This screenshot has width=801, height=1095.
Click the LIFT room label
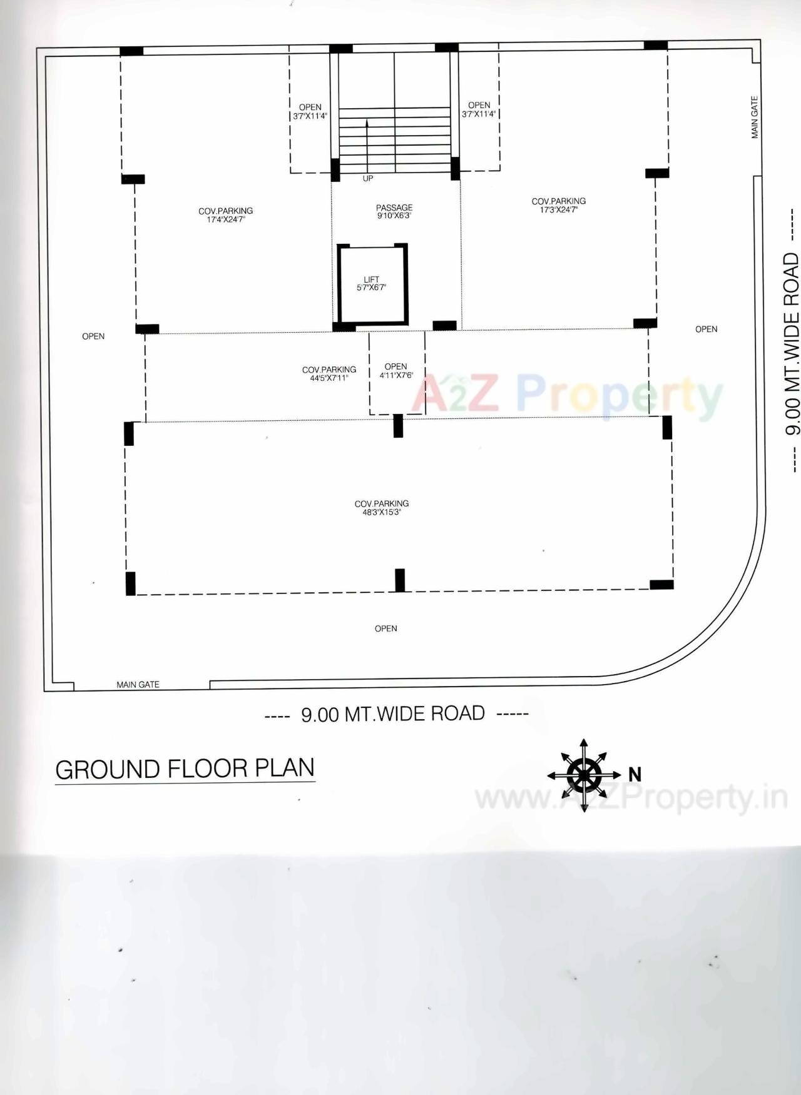[371, 283]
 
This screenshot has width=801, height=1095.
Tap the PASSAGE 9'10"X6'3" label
[394, 211]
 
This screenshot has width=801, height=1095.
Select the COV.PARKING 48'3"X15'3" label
[381, 507]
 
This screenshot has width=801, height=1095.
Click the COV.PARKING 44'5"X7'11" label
[329, 373]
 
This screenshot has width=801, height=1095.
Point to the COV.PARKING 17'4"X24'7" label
[226, 214]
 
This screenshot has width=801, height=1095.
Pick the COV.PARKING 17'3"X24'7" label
[559, 205]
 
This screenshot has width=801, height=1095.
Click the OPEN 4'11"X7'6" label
[395, 370]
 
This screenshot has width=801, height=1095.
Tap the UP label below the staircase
[368, 178]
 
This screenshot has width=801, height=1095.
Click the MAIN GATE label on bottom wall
[138, 685]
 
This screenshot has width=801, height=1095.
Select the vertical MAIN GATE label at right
[755, 117]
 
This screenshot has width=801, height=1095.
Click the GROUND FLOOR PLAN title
[185, 769]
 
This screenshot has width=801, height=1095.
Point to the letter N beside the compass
[635, 774]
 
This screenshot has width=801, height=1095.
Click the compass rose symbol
[584, 775]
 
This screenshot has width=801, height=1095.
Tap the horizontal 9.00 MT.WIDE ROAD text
[393, 714]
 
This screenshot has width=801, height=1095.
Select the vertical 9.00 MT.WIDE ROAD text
[792, 343]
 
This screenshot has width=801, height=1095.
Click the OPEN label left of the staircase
[310, 111]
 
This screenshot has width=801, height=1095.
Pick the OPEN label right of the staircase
[479, 109]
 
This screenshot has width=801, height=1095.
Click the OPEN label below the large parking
[385, 628]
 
